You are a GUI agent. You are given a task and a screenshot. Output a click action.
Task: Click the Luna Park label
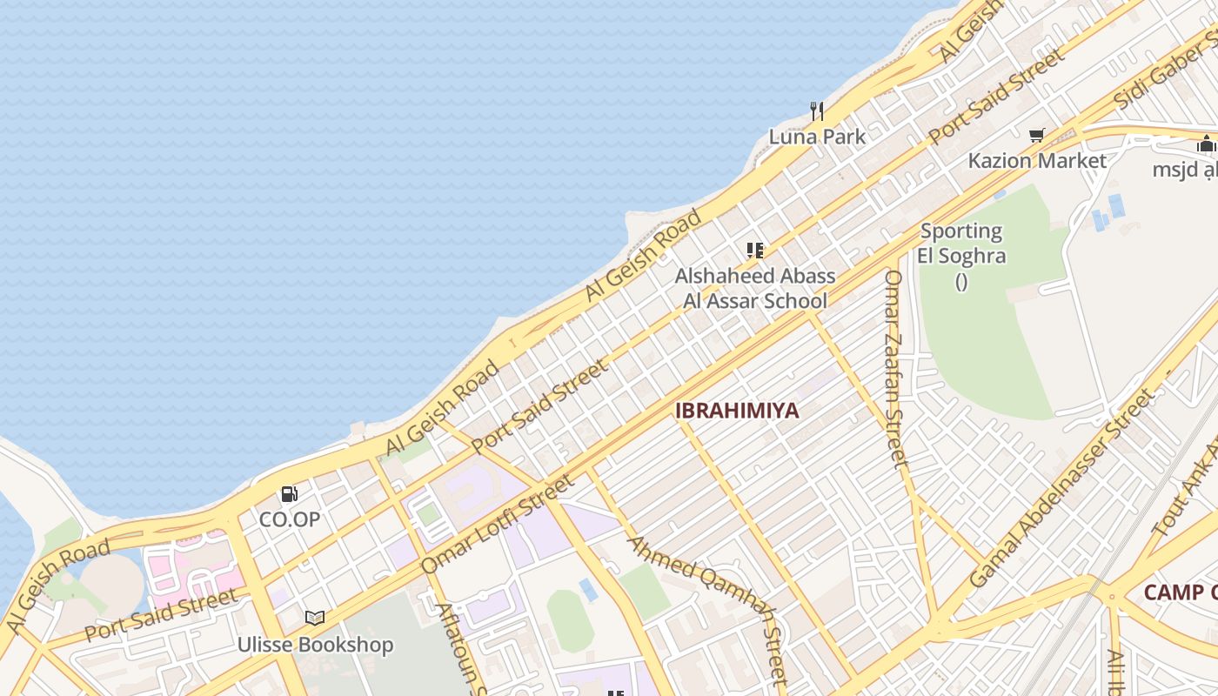point(817,137)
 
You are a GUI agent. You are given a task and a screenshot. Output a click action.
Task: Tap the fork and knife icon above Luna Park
point(817,110)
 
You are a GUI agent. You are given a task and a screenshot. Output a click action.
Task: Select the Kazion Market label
point(1037,161)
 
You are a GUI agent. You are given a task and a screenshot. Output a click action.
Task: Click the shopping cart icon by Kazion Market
point(1036,135)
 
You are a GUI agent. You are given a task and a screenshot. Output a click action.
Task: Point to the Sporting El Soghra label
point(961,244)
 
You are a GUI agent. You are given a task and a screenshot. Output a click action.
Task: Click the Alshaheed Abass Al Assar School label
point(755,289)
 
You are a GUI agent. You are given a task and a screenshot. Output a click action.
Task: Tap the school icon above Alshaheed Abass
point(755,251)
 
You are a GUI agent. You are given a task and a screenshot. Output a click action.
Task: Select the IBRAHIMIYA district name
point(737,411)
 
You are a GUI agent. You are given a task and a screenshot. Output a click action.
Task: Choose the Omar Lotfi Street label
point(497,525)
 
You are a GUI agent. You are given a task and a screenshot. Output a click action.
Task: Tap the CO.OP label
point(290,519)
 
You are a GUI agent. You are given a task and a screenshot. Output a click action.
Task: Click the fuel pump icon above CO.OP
point(289,494)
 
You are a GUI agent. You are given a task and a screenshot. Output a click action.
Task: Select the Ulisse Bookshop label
point(315,645)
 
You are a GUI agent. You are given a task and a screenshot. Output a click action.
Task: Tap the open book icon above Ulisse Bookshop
point(315,618)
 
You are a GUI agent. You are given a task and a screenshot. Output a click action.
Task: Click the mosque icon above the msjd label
point(1206,144)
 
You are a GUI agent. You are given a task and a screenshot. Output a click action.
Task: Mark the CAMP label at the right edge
point(1180,592)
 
